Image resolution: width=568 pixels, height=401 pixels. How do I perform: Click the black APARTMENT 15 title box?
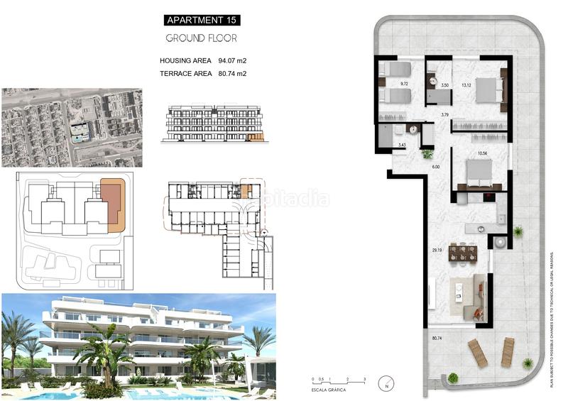(201, 21)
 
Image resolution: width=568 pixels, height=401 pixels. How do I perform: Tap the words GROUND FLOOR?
(201, 38)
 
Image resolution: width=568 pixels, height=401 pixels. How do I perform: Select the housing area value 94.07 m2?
(231, 61)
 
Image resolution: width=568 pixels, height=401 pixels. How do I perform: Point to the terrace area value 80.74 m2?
(231, 73)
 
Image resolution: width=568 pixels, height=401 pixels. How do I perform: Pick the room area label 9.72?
(404, 84)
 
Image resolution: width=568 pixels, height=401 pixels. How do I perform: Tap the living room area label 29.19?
(437, 251)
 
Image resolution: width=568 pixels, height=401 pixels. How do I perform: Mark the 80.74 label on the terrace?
(437, 339)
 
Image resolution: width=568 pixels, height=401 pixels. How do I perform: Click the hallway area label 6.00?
(436, 167)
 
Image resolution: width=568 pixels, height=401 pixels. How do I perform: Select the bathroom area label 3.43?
(401, 145)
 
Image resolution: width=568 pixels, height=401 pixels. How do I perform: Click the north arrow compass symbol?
(386, 383)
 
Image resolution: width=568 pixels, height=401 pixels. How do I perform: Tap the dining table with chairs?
(462, 253)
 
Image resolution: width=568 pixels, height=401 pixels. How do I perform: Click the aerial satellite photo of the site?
(72, 127)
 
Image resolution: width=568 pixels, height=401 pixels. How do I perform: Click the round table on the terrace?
(501, 242)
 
